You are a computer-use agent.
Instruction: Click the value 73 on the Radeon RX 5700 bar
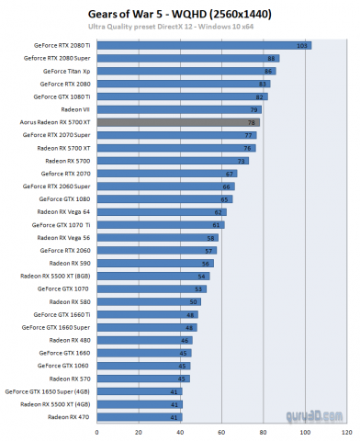coord(242,160)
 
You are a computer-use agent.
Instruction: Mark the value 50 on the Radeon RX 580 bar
coord(194,300)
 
